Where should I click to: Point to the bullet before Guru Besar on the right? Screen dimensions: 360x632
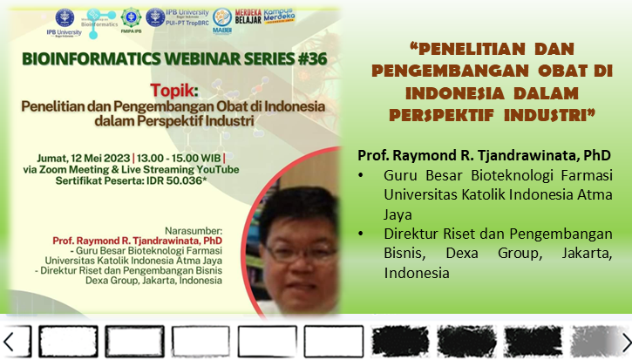tap(364, 175)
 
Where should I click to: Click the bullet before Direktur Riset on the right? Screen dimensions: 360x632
tap(364, 234)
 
